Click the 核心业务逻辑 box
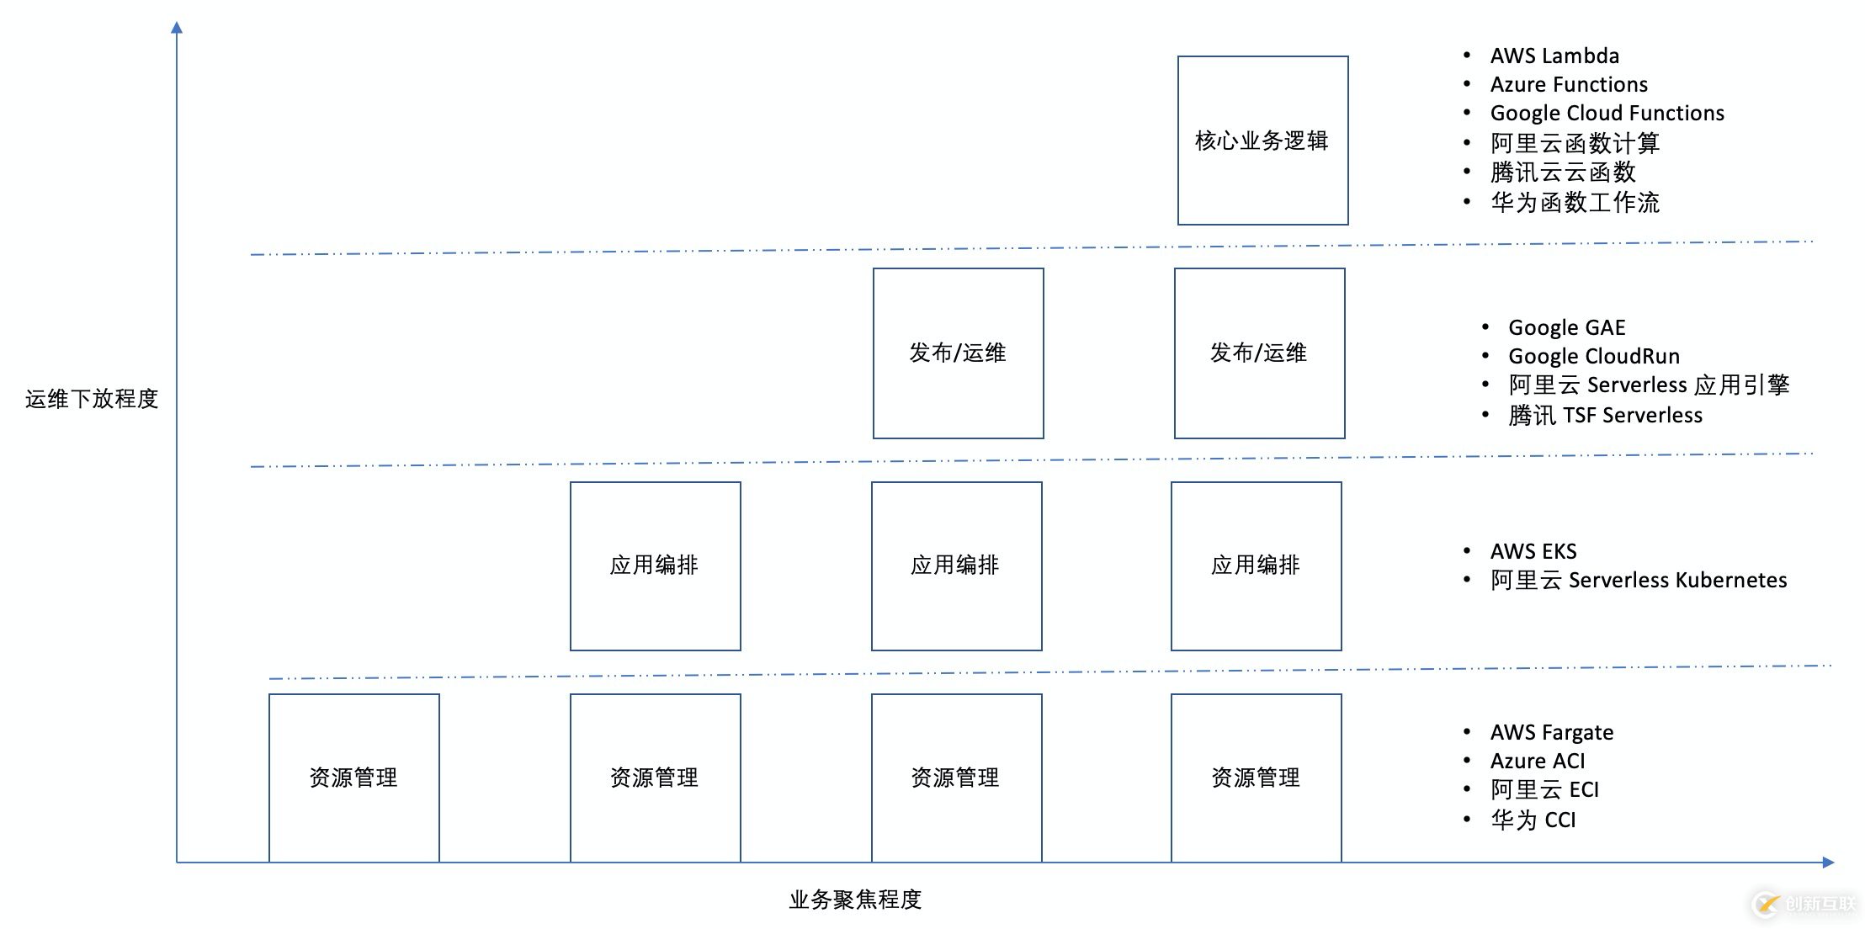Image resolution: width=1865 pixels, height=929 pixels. click(1262, 141)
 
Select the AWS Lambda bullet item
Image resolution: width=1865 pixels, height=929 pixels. click(1554, 56)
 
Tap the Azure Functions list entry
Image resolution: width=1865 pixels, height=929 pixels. click(1569, 85)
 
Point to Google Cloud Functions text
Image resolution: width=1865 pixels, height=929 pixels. click(1607, 114)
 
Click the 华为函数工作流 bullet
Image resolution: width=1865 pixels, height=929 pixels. click(1575, 203)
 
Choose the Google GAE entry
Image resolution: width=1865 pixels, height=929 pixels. click(1566, 327)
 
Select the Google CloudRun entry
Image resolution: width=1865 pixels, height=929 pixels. click(1593, 356)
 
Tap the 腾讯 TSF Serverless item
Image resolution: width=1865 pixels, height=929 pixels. click(1605, 416)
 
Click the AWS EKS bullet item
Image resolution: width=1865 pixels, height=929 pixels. click(1533, 551)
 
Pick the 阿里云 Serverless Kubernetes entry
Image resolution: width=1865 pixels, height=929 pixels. click(1638, 581)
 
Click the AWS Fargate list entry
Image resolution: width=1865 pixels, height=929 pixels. click(1552, 732)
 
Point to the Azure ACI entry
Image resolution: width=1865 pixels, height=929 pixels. click(1538, 762)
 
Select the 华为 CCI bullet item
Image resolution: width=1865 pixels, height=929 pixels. click(1533, 820)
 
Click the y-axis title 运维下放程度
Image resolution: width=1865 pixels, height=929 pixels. click(92, 399)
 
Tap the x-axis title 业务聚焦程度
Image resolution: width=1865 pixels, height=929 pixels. click(855, 900)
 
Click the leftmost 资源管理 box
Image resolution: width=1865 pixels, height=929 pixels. click(353, 778)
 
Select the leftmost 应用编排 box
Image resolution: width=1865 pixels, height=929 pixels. click(655, 565)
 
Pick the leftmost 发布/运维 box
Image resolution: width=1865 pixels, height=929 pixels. click(958, 353)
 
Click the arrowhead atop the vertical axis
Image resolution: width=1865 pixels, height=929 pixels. click(177, 28)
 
